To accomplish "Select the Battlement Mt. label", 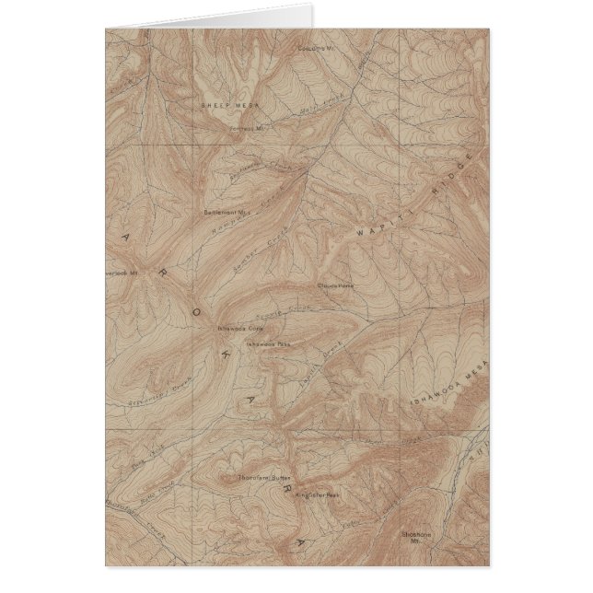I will [x=221, y=211].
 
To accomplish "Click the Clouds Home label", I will [x=336, y=285].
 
